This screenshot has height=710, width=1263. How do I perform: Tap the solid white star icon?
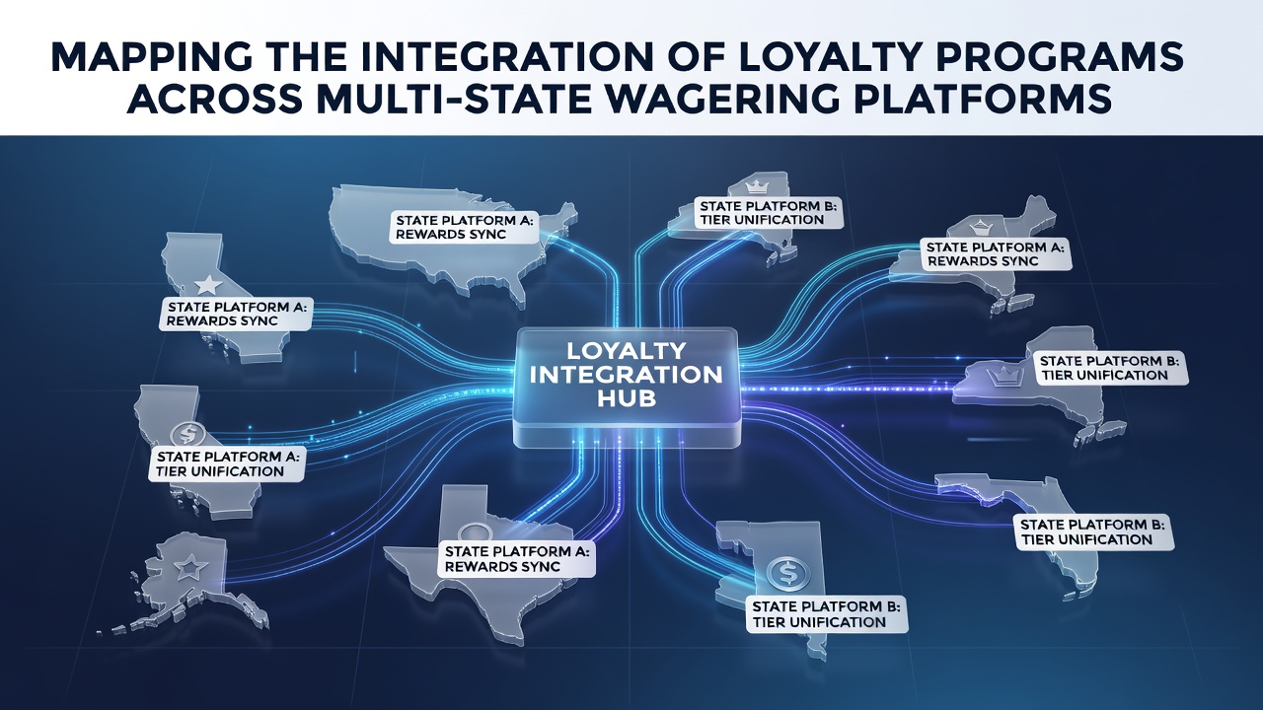pyautogui.click(x=208, y=285)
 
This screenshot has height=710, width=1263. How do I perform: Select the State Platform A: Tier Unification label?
pyautogui.click(x=227, y=463)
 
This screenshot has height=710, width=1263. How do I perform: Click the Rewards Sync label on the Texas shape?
pyautogui.click(x=516, y=559)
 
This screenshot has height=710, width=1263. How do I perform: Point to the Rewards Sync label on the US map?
pyautogui.click(x=464, y=227)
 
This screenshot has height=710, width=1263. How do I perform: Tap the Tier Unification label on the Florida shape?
pyautogui.click(x=1094, y=532)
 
